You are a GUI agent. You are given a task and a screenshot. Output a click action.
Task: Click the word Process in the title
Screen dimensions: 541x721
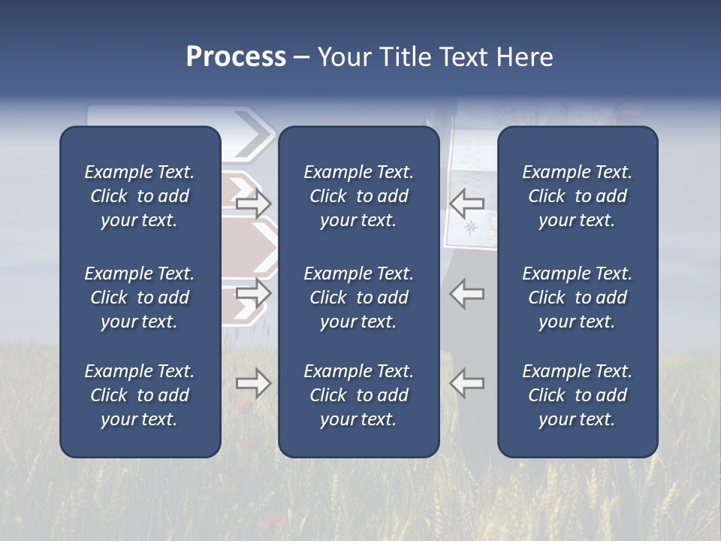click(236, 57)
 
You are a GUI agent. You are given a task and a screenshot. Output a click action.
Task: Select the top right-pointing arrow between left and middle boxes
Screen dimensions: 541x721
click(253, 203)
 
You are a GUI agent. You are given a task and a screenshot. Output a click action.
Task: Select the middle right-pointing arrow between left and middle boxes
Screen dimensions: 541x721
click(253, 293)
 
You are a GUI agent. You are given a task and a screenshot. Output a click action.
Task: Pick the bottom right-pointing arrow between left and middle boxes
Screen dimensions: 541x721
click(253, 383)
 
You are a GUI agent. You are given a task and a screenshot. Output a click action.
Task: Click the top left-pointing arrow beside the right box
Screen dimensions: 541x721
click(467, 203)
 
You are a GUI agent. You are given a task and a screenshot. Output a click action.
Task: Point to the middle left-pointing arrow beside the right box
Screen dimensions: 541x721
click(467, 293)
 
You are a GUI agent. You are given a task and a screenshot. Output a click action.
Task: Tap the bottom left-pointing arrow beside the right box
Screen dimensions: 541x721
click(467, 383)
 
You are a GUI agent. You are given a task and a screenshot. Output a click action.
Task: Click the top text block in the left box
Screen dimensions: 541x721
click(140, 196)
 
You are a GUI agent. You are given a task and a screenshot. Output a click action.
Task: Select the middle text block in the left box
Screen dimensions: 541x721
click(140, 298)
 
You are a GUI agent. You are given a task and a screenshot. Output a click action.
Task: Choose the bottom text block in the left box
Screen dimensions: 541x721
click(140, 395)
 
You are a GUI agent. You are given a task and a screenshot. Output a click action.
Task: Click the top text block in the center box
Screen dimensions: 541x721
click(358, 196)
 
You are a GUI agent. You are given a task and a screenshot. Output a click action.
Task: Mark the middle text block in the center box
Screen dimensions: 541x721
click(358, 298)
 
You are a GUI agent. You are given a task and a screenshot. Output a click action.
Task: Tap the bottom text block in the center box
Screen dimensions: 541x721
click(358, 395)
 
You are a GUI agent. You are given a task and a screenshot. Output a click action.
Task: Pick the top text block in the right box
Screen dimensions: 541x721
click(577, 196)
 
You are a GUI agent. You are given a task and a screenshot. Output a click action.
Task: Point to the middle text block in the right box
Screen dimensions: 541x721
click(577, 298)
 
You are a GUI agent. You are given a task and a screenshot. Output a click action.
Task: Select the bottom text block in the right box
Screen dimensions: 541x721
click(577, 395)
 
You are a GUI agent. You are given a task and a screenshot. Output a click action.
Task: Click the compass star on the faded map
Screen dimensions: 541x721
click(471, 226)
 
